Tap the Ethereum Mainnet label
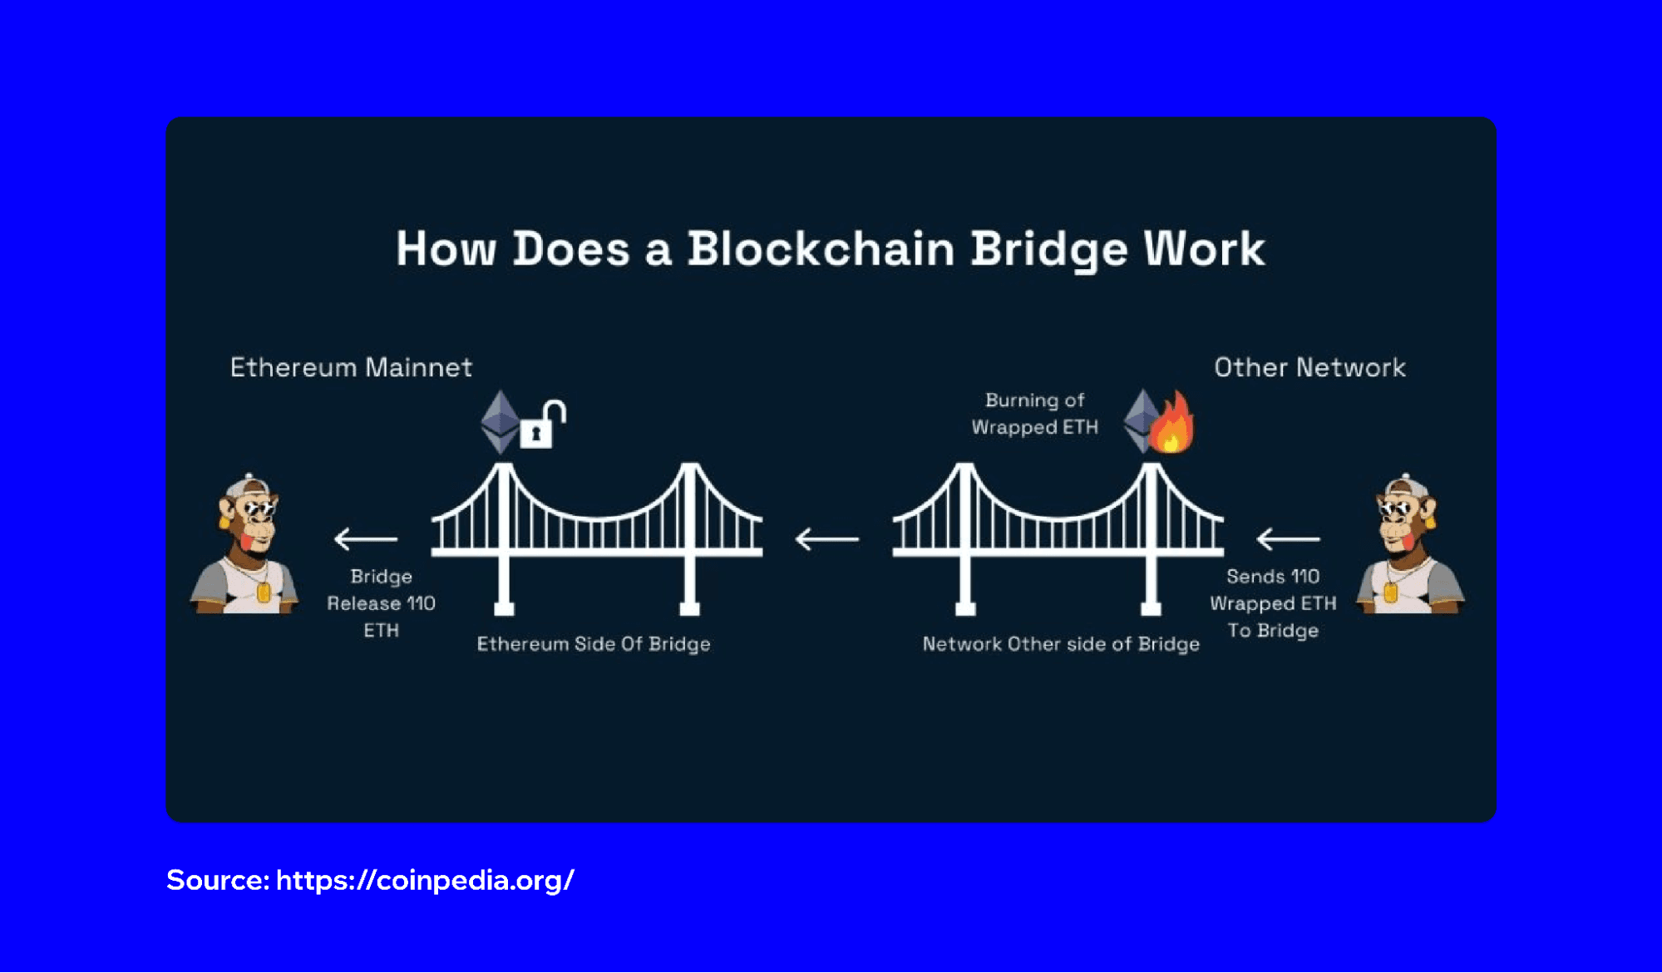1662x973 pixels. pyautogui.click(x=351, y=367)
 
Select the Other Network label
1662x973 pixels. pyautogui.click(x=1309, y=367)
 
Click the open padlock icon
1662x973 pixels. pyautogui.click(x=541, y=425)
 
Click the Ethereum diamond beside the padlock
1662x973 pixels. pyautogui.click(x=500, y=422)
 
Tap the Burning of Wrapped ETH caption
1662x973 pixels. pyautogui.click(x=1034, y=414)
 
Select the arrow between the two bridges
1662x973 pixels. pyautogui.click(x=826, y=539)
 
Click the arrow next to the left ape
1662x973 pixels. pyautogui.click(x=365, y=539)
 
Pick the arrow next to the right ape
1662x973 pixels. pyautogui.click(x=1288, y=539)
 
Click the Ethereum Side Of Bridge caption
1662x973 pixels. pyautogui.click(x=593, y=644)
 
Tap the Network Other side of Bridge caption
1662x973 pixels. pyautogui.click(x=1061, y=644)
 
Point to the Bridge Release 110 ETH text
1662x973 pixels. pyautogui.click(x=381, y=603)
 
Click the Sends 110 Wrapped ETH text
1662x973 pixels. pyautogui.click(x=1273, y=603)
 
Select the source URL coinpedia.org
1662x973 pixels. pyautogui.click(x=424, y=880)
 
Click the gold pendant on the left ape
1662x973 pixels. pyautogui.click(x=264, y=592)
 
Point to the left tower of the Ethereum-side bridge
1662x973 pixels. pyautogui.click(x=504, y=540)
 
